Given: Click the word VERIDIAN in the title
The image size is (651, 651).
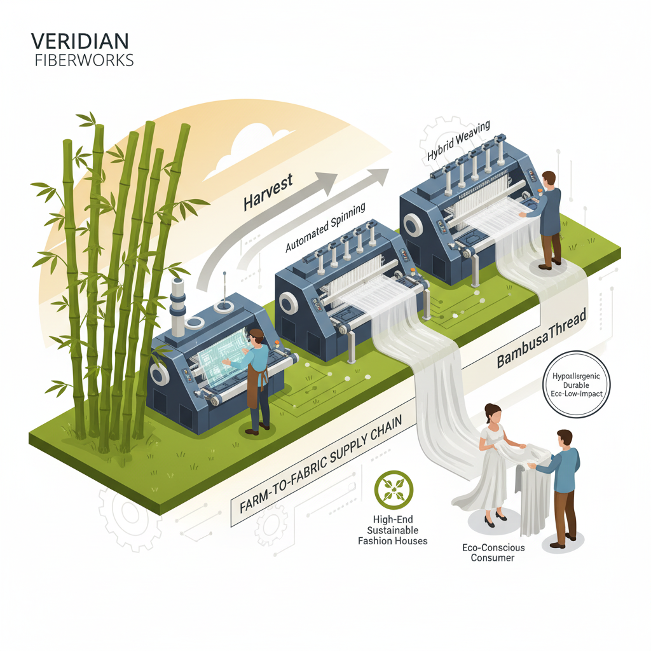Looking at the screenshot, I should tap(79, 42).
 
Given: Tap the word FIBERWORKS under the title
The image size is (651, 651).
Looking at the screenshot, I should tap(85, 61).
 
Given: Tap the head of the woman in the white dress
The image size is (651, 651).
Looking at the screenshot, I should tap(491, 415).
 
